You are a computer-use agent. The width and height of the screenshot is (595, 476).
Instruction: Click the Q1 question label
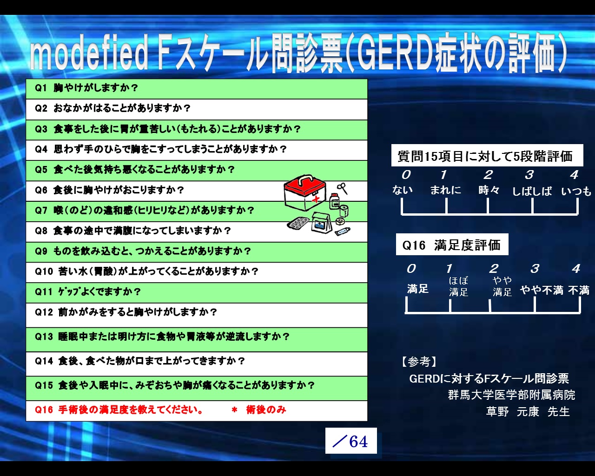(40, 88)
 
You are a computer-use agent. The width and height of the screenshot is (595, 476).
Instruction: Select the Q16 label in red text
(44, 410)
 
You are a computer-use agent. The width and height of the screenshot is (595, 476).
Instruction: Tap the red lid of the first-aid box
(304, 185)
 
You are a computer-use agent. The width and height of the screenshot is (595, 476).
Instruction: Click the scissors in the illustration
(342, 188)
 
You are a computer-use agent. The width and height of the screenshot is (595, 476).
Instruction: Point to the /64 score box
(351, 441)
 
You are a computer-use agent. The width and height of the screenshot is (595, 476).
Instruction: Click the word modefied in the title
(89, 53)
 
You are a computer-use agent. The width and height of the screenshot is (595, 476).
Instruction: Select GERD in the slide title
(395, 52)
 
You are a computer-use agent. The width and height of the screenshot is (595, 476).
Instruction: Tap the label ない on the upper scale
(402, 190)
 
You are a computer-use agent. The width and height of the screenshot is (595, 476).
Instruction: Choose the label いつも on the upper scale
(576, 191)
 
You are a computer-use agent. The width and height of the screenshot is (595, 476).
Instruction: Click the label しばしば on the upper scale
(532, 191)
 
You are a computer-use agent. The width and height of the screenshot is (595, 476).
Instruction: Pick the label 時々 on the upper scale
(489, 190)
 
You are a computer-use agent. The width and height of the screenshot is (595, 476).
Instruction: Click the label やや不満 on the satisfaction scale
(542, 290)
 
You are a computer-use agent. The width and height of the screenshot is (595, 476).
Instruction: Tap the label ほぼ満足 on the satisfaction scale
(458, 286)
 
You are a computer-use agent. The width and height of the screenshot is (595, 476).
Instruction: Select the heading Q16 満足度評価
(452, 245)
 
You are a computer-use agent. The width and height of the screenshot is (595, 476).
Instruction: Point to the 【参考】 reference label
(419, 361)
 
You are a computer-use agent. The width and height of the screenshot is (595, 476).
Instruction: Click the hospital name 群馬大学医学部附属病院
(511, 395)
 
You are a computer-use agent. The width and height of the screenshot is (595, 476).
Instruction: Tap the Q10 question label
(44, 271)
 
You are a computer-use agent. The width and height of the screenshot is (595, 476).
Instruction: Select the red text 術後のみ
(266, 410)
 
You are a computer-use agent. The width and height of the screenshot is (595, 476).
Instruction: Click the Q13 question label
(44, 337)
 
